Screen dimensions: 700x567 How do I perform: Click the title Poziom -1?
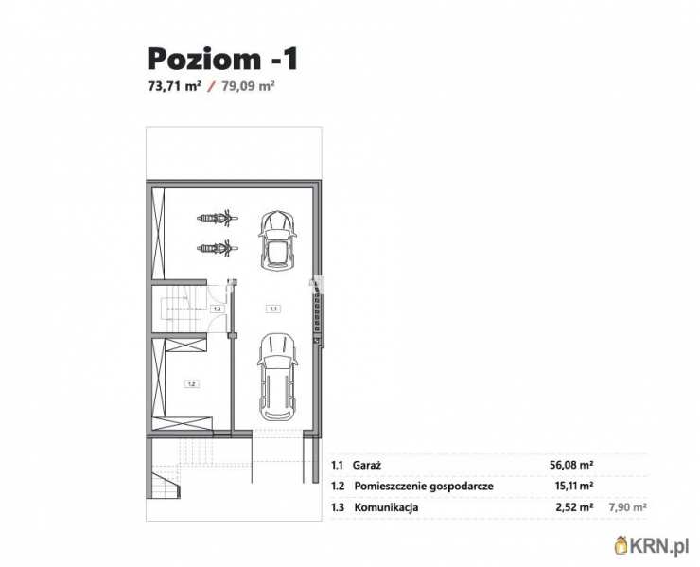coord(222,59)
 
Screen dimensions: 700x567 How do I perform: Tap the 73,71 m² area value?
coord(175,86)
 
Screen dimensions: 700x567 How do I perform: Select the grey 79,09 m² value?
coord(248,86)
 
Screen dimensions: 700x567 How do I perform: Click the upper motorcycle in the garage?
coord(218,218)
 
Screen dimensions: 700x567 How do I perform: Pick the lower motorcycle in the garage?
coord(218,248)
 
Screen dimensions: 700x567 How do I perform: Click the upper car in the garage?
coord(277,240)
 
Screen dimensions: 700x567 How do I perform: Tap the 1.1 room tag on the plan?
coord(273,309)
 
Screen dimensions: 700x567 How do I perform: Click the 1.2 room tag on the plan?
coord(191,383)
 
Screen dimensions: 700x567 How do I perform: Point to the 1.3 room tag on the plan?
coord(218,309)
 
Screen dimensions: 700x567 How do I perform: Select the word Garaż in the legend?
coord(366,465)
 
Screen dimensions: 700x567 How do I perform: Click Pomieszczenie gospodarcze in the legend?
coord(424,487)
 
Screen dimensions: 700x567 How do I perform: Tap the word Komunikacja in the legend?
coord(386,507)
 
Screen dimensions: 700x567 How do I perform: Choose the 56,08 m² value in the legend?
coord(571,465)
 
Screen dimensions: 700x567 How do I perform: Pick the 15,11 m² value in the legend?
coord(573,486)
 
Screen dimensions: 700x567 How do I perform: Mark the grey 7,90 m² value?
coord(628,507)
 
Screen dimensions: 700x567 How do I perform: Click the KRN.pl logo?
coord(652,545)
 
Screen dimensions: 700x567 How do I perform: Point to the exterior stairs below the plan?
coord(166,481)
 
